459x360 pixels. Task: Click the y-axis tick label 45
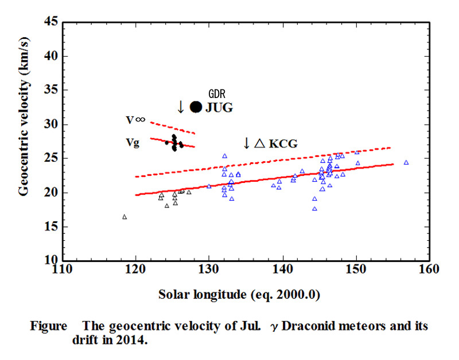pos(51,22)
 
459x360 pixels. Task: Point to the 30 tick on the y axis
pos(51,124)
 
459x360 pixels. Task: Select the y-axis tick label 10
pos(51,260)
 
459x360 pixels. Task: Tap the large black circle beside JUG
pos(196,107)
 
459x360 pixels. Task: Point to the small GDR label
pos(217,92)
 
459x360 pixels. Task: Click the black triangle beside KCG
pos(259,143)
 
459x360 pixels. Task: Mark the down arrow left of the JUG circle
pos(180,107)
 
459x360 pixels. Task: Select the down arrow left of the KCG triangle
pos(247,143)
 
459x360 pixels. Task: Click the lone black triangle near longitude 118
pos(125,217)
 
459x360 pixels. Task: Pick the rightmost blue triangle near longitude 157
pos(406,162)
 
